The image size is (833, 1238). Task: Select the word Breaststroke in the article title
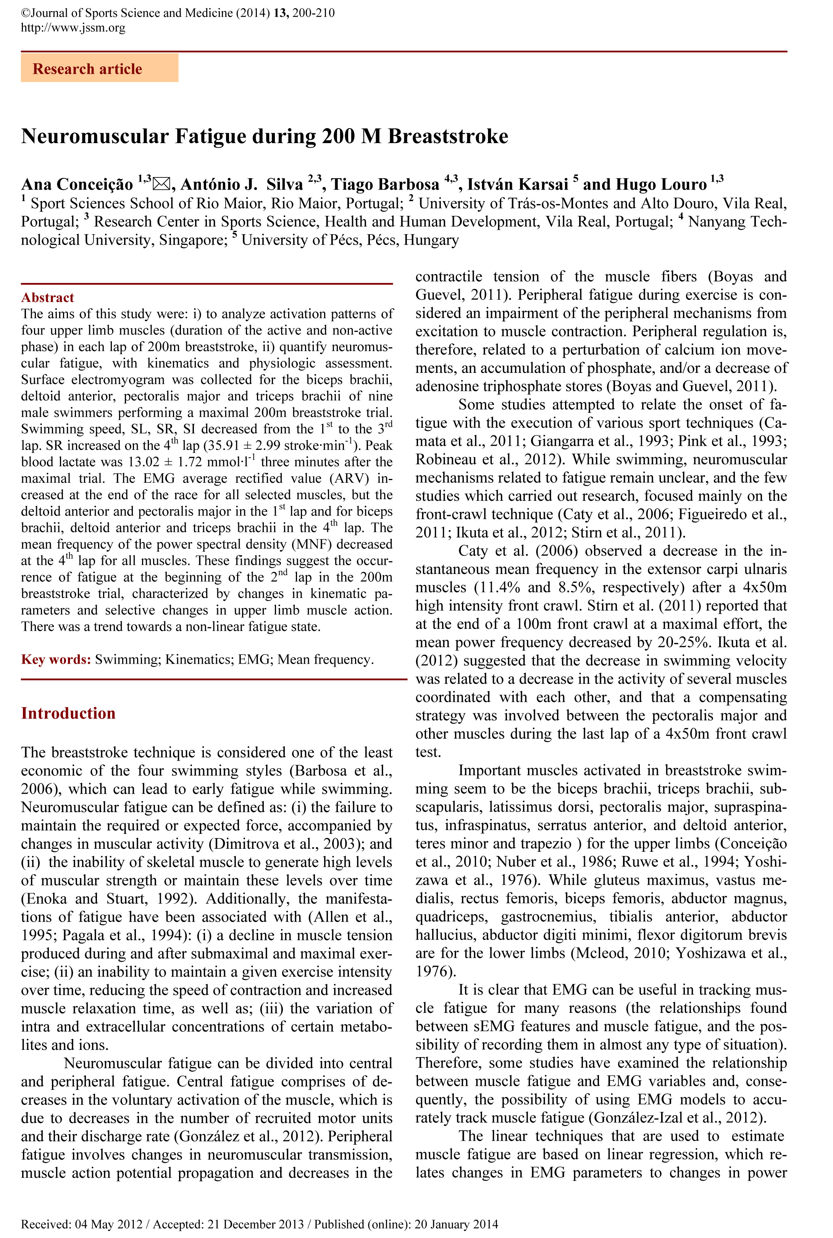[x=448, y=137]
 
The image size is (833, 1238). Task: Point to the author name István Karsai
[x=518, y=184]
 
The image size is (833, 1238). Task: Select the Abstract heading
[x=47, y=297]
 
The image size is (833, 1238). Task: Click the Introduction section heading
[x=68, y=713]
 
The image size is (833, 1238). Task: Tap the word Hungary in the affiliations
[x=431, y=240]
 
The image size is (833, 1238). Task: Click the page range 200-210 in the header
[x=313, y=13]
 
